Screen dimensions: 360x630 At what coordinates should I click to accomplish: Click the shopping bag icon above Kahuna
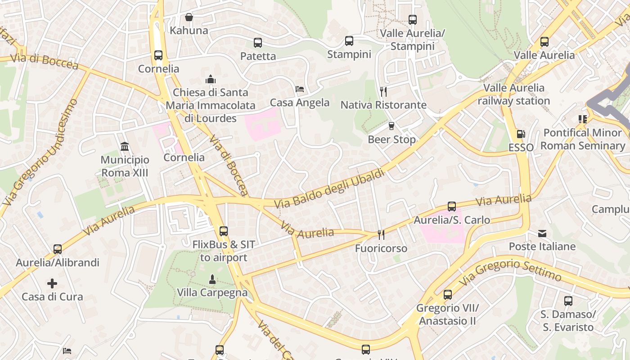tap(189, 17)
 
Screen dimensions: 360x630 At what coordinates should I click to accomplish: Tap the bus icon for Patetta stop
tap(258, 43)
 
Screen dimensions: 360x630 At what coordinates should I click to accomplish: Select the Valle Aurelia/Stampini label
tap(412, 40)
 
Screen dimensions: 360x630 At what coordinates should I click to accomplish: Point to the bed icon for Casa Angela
tap(300, 89)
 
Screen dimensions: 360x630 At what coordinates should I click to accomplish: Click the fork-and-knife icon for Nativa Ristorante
tap(383, 92)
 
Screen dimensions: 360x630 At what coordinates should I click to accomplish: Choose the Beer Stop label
tap(391, 139)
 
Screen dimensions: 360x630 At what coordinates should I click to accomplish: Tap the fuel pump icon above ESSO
tap(521, 134)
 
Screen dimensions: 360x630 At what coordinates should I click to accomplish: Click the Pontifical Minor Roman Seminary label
tap(583, 139)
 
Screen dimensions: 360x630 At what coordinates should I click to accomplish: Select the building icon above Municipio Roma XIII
tap(125, 147)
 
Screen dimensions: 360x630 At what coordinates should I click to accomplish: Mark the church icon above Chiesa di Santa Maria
tap(211, 80)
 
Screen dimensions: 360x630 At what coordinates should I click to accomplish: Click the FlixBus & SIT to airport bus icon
tap(224, 231)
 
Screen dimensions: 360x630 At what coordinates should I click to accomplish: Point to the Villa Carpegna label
tap(212, 292)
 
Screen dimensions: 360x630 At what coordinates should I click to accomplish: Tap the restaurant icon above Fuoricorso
tap(381, 235)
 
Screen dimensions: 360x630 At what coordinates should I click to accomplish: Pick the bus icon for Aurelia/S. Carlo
tap(452, 207)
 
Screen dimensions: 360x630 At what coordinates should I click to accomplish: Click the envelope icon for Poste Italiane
tap(542, 234)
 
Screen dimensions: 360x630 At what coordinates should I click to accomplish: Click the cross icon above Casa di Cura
tap(52, 283)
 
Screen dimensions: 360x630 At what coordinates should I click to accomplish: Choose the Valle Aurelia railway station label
tap(513, 94)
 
